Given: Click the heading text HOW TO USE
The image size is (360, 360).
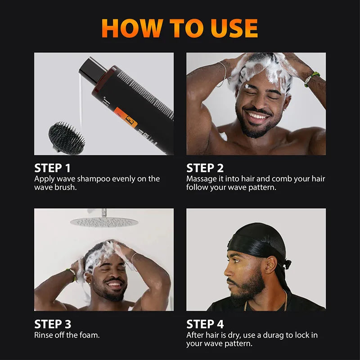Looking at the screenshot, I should click(180, 28).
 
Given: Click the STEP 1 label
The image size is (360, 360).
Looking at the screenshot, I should click(52, 168).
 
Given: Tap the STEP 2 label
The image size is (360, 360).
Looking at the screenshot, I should click(205, 168).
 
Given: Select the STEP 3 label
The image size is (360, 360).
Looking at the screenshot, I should click(52, 324).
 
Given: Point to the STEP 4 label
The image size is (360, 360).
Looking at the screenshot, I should click(205, 324).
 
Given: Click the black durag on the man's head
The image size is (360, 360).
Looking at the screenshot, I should click(254, 243).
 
